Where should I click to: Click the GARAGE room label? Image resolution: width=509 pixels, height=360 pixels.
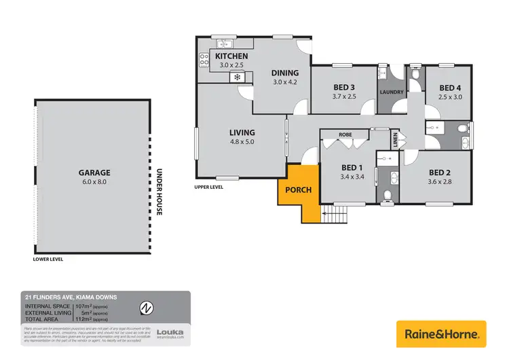tap(94, 173)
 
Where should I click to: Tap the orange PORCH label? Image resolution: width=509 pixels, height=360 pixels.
tap(299, 190)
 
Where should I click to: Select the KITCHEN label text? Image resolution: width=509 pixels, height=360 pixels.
tap(232, 56)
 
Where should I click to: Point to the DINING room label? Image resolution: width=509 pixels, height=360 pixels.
tap(285, 73)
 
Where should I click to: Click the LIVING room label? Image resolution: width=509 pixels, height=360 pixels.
tap(242, 132)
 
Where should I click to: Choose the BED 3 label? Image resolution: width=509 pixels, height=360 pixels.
tap(345, 87)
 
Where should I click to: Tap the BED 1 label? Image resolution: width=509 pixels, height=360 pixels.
tap(352, 168)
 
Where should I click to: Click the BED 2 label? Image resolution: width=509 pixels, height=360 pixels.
tap(440, 172)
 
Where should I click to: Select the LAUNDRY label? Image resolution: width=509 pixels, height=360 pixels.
tap(392, 92)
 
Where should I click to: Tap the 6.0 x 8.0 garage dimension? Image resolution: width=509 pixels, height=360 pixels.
tap(94, 182)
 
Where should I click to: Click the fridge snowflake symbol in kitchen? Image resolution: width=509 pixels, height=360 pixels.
tap(237, 77)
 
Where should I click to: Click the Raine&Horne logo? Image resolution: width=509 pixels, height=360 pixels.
tap(441, 334)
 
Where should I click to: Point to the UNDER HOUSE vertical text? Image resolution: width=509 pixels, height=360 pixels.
tap(159, 192)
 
